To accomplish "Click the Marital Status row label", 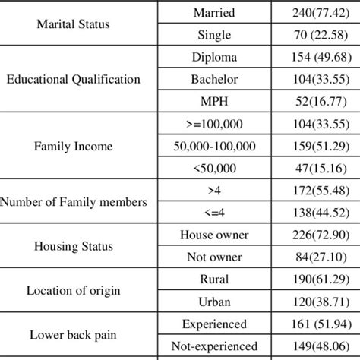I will (73, 24).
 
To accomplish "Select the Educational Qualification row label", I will (73, 78).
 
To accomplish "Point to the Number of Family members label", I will (74, 201).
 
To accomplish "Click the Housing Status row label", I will (73, 246).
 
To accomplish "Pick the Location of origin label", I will (73, 289).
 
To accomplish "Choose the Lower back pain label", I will (73, 333).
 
